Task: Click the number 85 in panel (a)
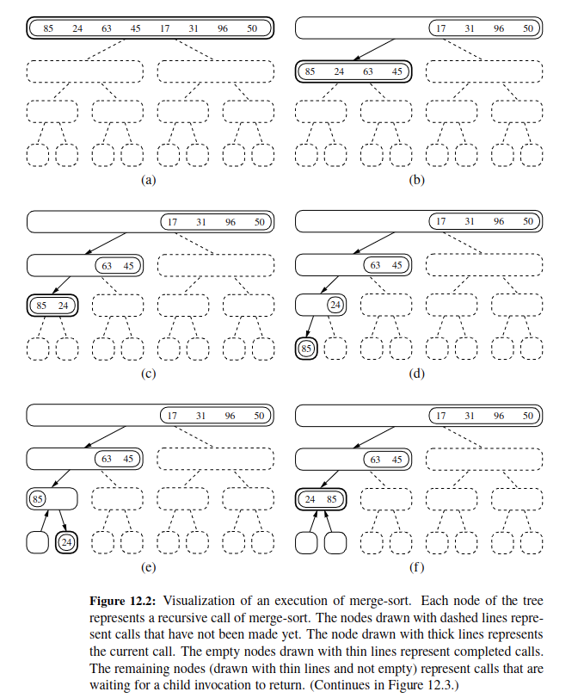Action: tap(48, 28)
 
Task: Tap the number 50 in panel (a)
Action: tap(252, 28)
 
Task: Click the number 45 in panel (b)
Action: tap(396, 71)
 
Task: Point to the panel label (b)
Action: tap(417, 181)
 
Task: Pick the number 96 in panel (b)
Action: tap(499, 28)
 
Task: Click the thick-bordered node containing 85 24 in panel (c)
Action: tap(52, 306)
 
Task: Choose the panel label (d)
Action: tap(417, 374)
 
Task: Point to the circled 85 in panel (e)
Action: tap(38, 499)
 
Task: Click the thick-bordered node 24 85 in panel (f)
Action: tap(320, 499)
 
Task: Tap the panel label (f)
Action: tap(417, 567)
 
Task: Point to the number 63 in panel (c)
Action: tap(107, 266)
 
